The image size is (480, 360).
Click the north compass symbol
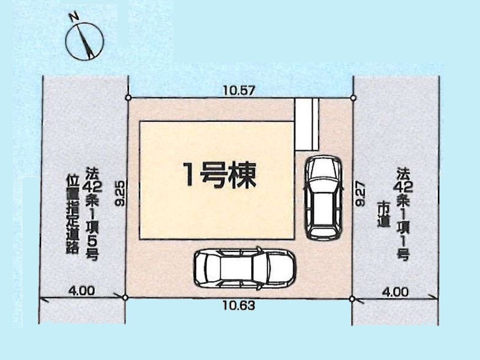[x=85, y=41]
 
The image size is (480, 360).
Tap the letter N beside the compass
[x=73, y=17]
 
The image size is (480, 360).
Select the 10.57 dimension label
[x=239, y=91]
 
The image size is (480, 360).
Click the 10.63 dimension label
[x=239, y=305]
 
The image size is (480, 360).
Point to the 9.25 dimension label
[x=121, y=193]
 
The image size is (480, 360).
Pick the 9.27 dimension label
[x=361, y=194]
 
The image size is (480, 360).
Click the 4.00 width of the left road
[x=82, y=291]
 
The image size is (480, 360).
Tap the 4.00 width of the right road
[x=395, y=292]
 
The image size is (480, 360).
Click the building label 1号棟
[x=219, y=175]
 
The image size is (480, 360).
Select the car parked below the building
[x=244, y=268]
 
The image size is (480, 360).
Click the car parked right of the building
[x=324, y=198]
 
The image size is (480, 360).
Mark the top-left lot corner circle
[x=128, y=98]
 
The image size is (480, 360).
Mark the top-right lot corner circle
[x=353, y=98]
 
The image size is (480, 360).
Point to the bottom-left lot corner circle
[x=125, y=297]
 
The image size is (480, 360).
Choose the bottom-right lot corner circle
[x=352, y=298]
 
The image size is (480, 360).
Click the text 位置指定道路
[x=73, y=214]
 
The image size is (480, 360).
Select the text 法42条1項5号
[x=92, y=214]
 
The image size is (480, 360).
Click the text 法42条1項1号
[x=404, y=214]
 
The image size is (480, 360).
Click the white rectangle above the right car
[x=307, y=124]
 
